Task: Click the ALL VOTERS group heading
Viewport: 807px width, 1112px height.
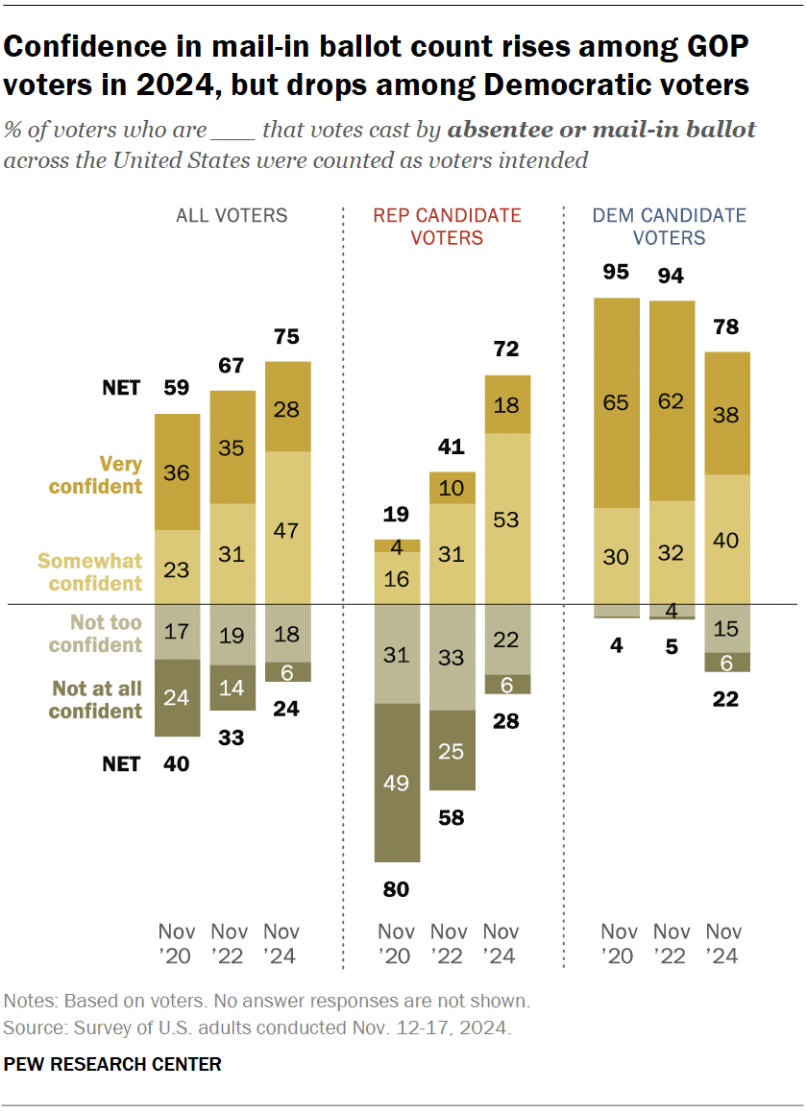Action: pos(231,215)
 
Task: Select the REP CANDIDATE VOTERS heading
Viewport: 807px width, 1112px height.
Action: pos(449,227)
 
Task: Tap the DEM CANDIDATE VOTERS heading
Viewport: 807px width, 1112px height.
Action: pos(669,227)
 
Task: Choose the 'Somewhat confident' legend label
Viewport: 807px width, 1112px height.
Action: pos(90,571)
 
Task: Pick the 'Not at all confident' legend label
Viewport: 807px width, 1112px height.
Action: pos(96,700)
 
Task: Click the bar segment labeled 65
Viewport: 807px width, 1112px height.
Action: pos(616,402)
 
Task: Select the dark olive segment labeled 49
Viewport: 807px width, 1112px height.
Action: pos(397,782)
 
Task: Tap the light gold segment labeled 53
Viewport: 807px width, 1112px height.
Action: pos(507,519)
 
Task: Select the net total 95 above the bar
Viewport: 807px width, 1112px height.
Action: pos(616,272)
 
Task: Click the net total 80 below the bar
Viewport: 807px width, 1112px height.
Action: pos(396,889)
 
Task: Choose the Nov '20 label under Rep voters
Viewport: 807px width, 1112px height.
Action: pos(396,943)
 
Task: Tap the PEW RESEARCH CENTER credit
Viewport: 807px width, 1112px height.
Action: pos(113,1064)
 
